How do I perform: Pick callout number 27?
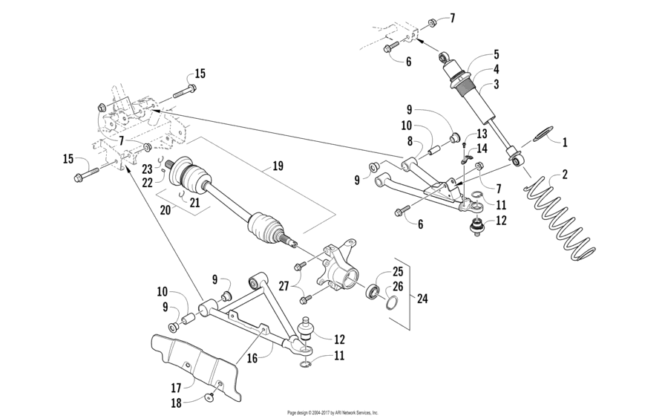pos(282,283)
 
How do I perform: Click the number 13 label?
pos(482,134)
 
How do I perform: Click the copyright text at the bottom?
pos(332,412)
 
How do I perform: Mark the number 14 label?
pos(482,148)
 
